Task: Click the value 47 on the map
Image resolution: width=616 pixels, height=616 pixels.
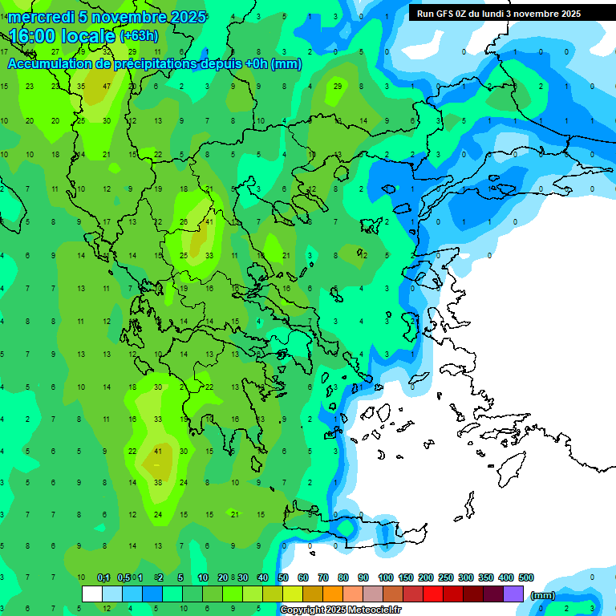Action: [x=107, y=86]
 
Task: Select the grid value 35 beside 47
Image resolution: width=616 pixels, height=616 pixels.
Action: [x=81, y=86]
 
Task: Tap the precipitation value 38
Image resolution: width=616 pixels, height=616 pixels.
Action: [x=158, y=483]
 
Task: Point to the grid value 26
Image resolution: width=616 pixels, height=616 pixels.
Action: [x=184, y=222]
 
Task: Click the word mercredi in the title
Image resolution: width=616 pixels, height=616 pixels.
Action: [x=41, y=17]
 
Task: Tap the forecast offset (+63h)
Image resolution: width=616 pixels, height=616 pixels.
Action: [x=139, y=36]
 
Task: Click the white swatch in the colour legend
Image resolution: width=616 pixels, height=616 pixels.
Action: [x=92, y=594]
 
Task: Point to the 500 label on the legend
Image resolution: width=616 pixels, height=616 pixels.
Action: [x=525, y=577]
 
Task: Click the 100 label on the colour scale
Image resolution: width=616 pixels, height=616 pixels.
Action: [x=385, y=577]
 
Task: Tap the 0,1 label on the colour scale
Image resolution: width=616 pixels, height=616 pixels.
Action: [x=103, y=577]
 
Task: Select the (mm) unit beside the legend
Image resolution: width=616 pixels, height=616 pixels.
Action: [x=543, y=596]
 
